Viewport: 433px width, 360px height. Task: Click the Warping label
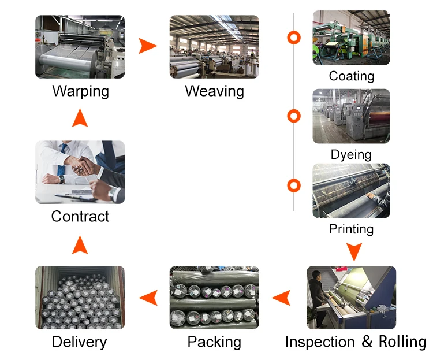(x=80, y=91)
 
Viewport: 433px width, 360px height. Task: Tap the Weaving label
(x=214, y=91)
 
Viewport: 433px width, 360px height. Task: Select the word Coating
(x=351, y=76)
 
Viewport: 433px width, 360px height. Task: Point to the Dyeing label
(x=351, y=154)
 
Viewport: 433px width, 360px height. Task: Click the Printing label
(x=351, y=229)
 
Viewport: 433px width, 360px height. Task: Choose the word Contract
(x=80, y=217)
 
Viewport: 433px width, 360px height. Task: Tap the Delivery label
(x=80, y=342)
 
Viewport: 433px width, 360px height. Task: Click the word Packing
(x=214, y=342)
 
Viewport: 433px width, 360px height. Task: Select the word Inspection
(x=321, y=342)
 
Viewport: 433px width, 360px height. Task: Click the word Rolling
(x=402, y=342)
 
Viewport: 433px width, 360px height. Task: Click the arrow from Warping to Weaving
(x=148, y=46)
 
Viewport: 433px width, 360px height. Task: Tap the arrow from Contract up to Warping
(x=80, y=119)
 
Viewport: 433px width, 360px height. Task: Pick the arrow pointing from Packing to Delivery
(x=148, y=298)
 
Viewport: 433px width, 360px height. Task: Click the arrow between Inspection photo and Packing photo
(x=281, y=298)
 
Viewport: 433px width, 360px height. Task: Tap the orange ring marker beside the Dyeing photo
(x=294, y=116)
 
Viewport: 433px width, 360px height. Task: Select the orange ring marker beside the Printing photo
(x=294, y=185)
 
